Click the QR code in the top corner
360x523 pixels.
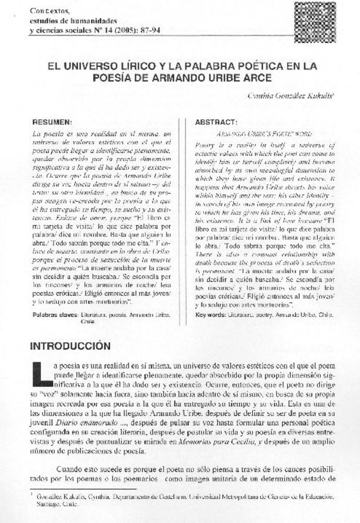pyautogui.click(x=315, y=22)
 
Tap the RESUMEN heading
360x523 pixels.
pyautogui.click(x=52, y=122)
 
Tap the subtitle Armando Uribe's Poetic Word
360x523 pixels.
pyautogui.click(x=264, y=134)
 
